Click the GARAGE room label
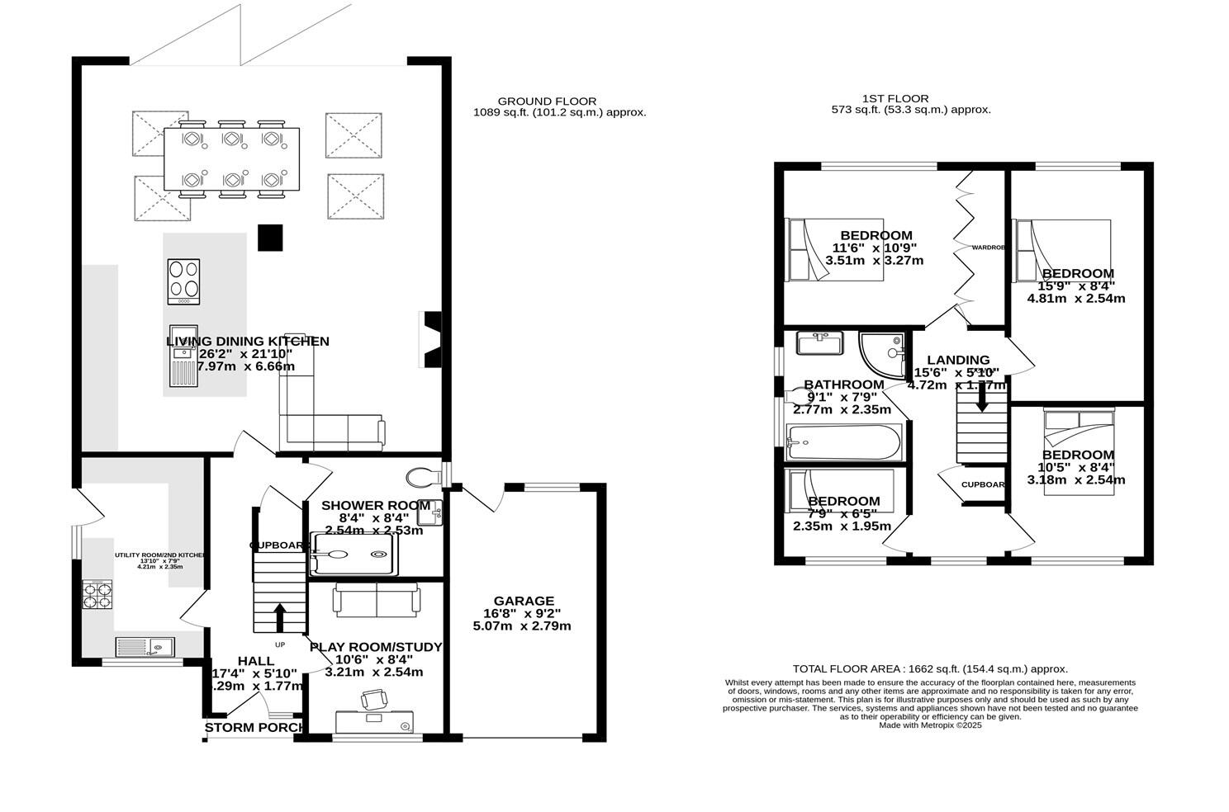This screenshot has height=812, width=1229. tap(524, 601)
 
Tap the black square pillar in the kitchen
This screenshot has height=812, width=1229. tap(270, 237)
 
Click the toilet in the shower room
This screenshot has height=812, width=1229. tap(424, 477)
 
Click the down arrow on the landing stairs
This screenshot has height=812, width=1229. tap(981, 400)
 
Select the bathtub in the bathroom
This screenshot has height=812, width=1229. tap(842, 443)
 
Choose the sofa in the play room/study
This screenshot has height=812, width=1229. tap(376, 600)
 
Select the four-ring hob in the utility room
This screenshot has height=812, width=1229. tap(97, 595)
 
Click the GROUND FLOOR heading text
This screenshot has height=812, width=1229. tap(546, 101)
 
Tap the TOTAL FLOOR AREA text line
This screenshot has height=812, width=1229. tap(930, 669)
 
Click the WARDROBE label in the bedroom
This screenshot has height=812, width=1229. tap(988, 248)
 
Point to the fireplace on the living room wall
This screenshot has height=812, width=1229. tap(432, 338)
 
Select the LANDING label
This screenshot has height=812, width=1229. tap(958, 360)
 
